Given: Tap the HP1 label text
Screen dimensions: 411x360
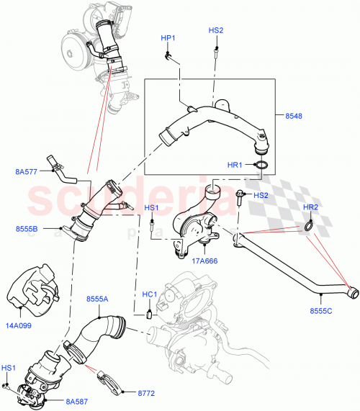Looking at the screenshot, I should [167, 37].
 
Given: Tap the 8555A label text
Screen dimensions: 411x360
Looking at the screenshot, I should [98, 299].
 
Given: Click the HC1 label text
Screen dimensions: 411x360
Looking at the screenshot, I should [149, 295].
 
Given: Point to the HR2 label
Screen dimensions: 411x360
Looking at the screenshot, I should [310, 208].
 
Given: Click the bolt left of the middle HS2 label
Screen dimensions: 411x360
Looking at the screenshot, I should [238, 194].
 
